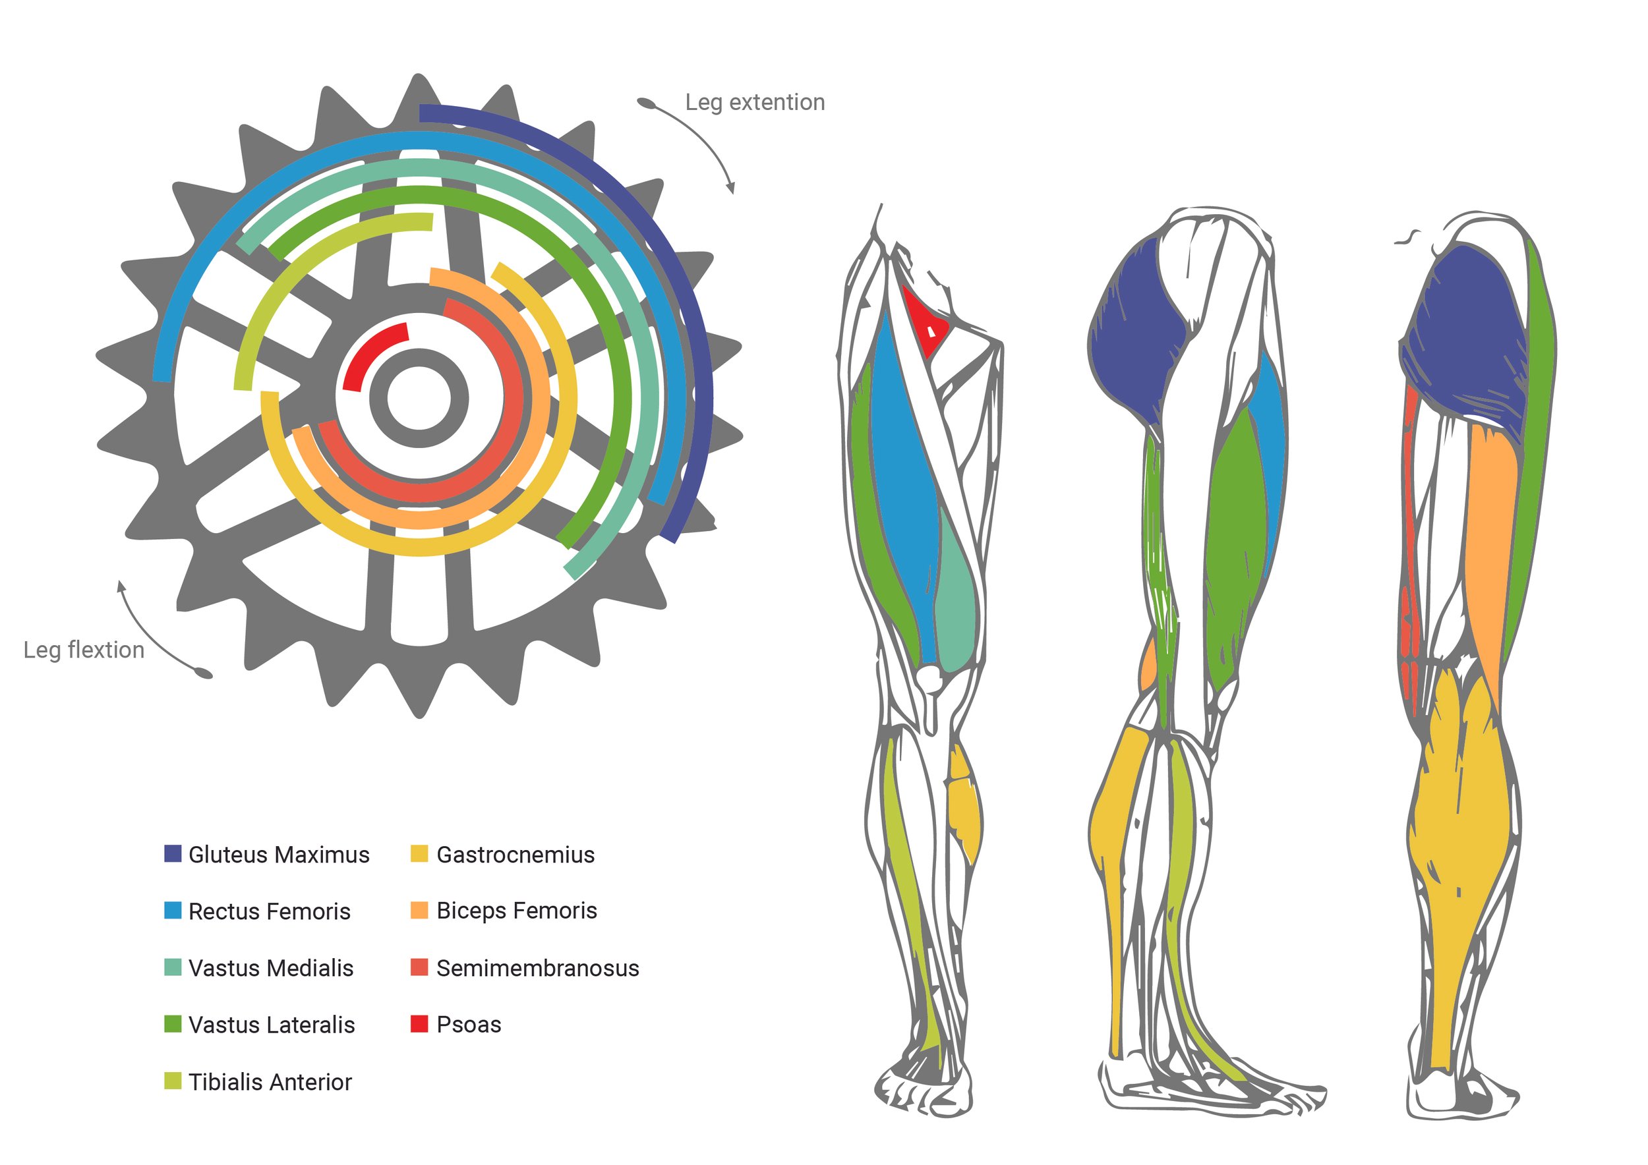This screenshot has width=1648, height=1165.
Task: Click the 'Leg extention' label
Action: point(754,103)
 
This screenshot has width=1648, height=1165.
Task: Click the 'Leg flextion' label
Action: point(84,650)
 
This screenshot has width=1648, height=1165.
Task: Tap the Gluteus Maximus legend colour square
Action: point(173,854)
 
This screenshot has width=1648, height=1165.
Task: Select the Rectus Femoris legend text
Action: point(269,911)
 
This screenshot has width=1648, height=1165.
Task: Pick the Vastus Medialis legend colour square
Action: point(173,967)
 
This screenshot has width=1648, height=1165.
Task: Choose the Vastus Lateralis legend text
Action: point(272,1025)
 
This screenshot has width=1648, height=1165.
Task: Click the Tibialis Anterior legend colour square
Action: point(173,1081)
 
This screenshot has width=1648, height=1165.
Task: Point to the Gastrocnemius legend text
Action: point(515,855)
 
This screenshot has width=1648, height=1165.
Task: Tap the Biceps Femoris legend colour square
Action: point(419,911)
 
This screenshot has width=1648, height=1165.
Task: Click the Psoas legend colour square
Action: point(419,1024)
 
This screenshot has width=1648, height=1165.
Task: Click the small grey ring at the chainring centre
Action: point(419,398)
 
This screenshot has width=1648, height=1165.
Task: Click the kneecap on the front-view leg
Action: point(931,678)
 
